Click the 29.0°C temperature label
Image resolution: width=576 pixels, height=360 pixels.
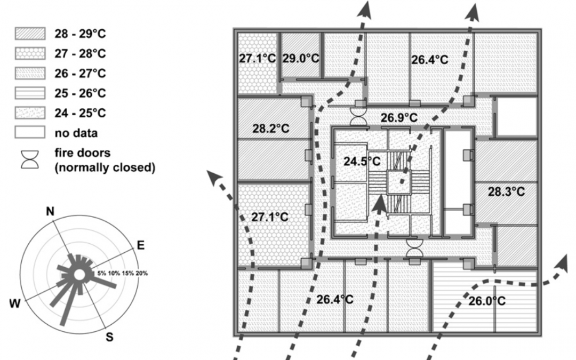coord(300,58)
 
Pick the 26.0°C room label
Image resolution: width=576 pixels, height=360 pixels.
coord(486,301)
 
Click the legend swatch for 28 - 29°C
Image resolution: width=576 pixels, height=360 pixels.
coord(29,33)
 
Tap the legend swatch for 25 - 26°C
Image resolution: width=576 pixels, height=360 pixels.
coord(29,93)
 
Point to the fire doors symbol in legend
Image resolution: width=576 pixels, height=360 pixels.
coord(29,158)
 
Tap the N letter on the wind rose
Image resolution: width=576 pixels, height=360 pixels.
coord(51,211)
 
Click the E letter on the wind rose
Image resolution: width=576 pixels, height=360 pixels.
coord(141,245)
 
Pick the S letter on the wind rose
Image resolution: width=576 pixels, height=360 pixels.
coord(109,337)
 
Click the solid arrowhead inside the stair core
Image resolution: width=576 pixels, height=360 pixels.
coord(379,202)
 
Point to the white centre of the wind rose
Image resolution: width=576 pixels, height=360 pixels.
coord(78,275)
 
